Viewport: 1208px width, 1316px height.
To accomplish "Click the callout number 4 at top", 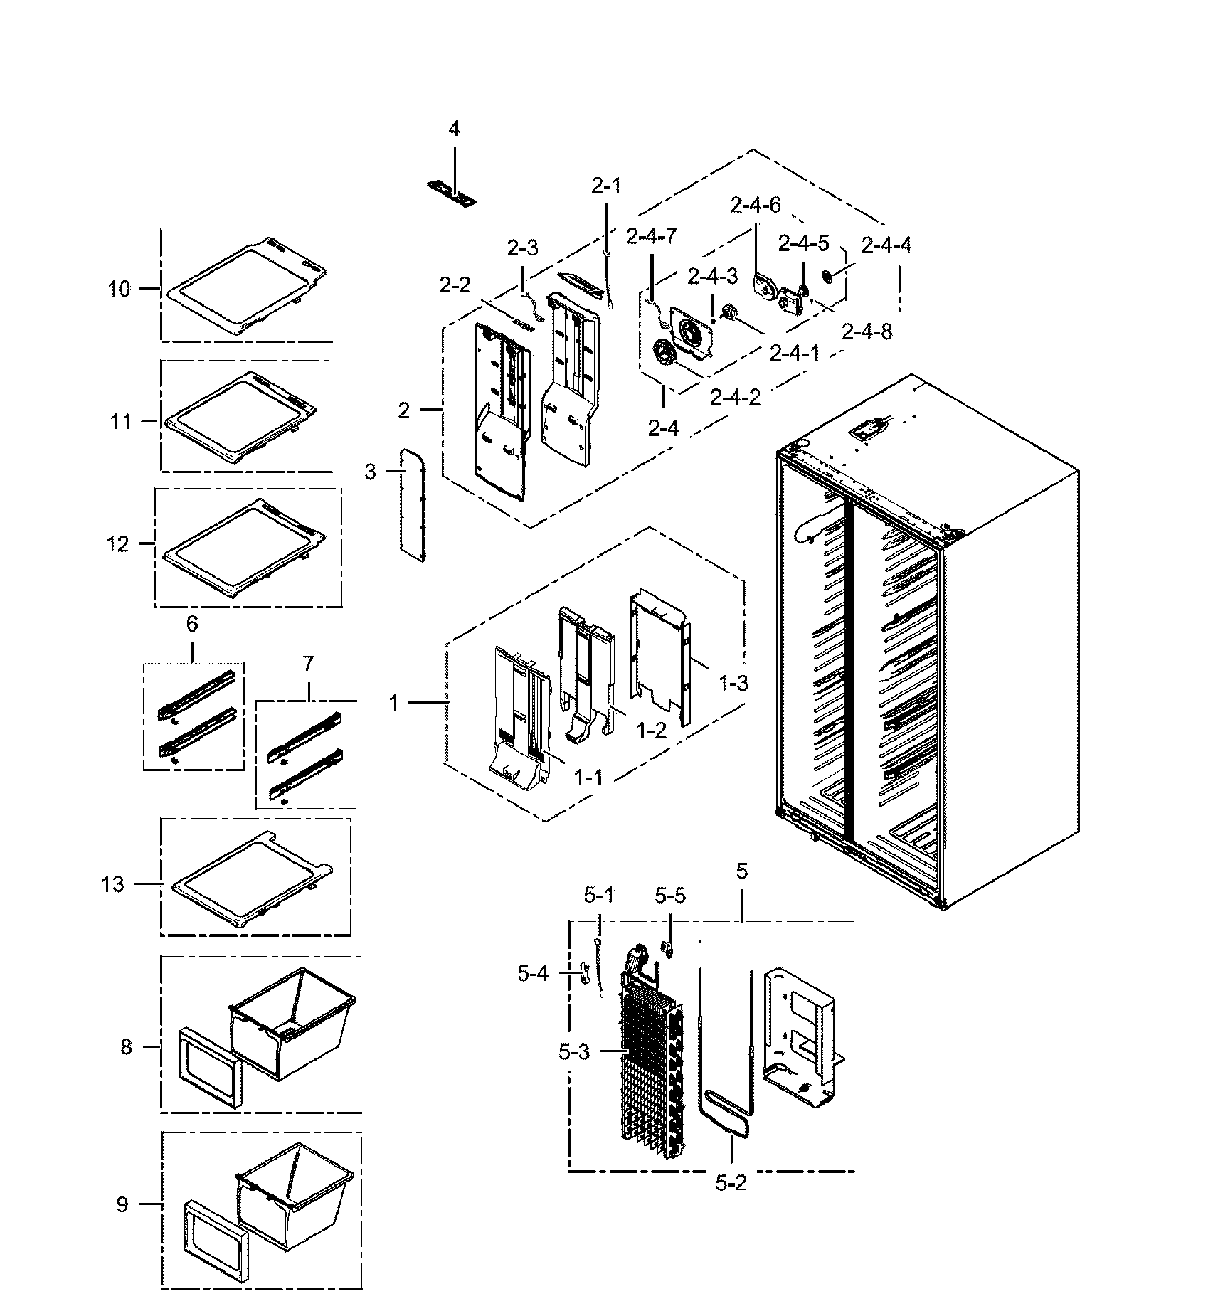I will [x=454, y=129].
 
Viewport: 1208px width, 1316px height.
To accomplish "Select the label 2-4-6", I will [x=755, y=206].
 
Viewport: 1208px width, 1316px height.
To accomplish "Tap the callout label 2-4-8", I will [x=867, y=331].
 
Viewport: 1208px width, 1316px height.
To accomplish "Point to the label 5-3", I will [x=574, y=1051].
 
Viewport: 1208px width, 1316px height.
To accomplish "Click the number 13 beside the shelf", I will [x=112, y=884].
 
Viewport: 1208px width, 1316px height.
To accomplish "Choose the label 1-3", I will [x=733, y=684].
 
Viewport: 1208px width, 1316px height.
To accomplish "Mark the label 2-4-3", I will [x=712, y=275].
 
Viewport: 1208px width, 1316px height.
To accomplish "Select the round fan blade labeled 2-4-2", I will [x=665, y=353].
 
